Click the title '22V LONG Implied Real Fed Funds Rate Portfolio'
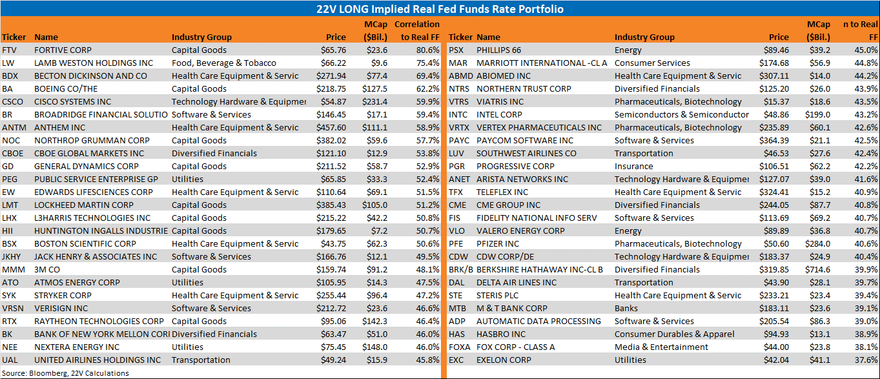coord(440,9)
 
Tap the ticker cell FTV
coord(9,50)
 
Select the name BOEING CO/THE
coord(66,88)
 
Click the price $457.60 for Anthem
coord(331,128)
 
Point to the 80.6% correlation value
coord(428,50)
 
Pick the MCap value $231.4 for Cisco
coord(374,102)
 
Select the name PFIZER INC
coord(498,244)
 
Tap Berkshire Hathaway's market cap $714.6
coord(817,270)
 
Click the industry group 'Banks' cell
coord(626,309)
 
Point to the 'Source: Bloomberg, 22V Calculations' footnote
coord(65,373)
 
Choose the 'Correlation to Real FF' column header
coord(417,30)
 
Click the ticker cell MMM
coord(14,270)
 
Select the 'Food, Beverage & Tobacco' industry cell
coord(224,63)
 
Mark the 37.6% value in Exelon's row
coord(866,360)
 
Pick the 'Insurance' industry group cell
coord(633,167)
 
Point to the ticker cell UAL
coord(10,360)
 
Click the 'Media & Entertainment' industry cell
coord(661,347)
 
